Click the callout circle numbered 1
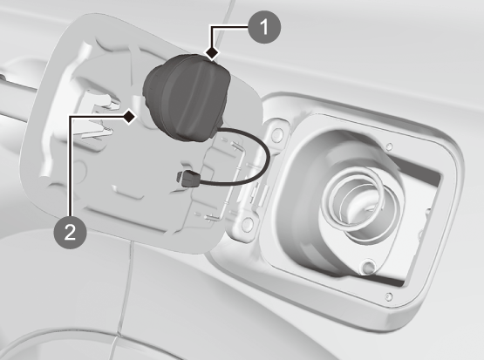(x=264, y=27)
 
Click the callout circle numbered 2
(x=70, y=232)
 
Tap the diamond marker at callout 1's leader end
(x=212, y=53)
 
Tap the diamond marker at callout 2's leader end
(x=130, y=117)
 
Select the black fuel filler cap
(x=187, y=98)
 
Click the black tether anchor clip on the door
(x=189, y=179)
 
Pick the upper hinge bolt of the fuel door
(x=277, y=134)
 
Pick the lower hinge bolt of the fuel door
(x=247, y=224)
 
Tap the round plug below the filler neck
(x=368, y=266)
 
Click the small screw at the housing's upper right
(x=390, y=146)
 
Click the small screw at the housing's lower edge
(x=389, y=296)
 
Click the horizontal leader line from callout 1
(x=230, y=27)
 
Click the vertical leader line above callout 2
(x=71, y=166)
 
